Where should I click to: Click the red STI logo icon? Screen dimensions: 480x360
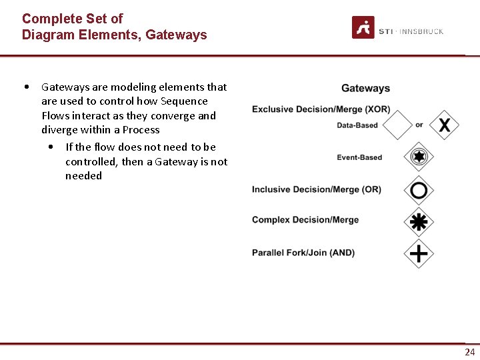pyautogui.click(x=363, y=27)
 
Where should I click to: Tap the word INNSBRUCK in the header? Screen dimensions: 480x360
pyautogui.click(x=421, y=31)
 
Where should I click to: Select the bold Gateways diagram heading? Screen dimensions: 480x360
pyautogui.click(x=365, y=88)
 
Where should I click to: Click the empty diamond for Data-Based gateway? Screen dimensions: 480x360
pyautogui.click(x=399, y=125)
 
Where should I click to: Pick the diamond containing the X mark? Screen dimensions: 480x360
pyautogui.click(x=444, y=125)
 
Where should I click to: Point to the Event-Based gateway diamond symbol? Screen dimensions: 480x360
pyautogui.click(x=419, y=157)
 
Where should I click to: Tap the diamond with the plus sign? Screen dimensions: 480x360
pyautogui.click(x=419, y=253)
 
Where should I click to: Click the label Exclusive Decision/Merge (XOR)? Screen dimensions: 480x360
pyautogui.click(x=321, y=109)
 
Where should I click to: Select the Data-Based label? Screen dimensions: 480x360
pyautogui.click(x=357, y=125)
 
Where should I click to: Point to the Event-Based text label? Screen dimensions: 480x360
pyautogui.click(x=359, y=157)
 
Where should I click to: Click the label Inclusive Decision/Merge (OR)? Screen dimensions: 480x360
pyautogui.click(x=316, y=189)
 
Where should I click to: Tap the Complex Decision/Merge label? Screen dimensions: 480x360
pyautogui.click(x=305, y=220)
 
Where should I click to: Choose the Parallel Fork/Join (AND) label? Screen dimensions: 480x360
pyautogui.click(x=303, y=253)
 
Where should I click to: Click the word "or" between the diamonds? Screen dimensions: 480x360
pyautogui.click(x=419, y=125)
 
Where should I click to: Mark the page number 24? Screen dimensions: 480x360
pyautogui.click(x=470, y=352)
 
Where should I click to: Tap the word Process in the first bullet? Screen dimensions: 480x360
pyautogui.click(x=141, y=130)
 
